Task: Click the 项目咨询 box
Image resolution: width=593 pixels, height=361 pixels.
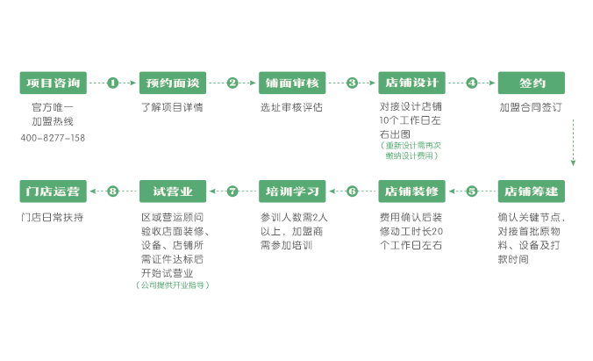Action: [x=54, y=83]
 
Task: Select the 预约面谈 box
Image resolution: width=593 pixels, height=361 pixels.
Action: [x=173, y=83]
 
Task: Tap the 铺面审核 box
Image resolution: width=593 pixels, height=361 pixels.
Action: [x=292, y=83]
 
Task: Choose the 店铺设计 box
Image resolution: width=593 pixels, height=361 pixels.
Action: [x=411, y=83]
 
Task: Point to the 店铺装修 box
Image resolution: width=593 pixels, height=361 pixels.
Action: [x=411, y=191]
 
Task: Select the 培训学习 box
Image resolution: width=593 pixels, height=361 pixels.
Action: [x=292, y=191]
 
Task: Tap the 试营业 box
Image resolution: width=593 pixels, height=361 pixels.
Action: [x=173, y=191]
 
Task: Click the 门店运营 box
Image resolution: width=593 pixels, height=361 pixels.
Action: [x=54, y=191]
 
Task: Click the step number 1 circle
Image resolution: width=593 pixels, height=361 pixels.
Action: [x=113, y=83]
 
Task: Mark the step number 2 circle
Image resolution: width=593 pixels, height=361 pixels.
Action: [x=232, y=83]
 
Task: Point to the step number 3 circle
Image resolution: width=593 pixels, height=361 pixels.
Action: [x=352, y=83]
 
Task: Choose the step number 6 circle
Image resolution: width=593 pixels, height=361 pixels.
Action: [x=352, y=191]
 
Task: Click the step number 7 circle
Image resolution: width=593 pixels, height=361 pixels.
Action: [x=232, y=191]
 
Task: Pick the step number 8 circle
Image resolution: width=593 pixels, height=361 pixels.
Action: [x=113, y=191]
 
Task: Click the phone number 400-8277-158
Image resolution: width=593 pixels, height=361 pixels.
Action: [x=53, y=139]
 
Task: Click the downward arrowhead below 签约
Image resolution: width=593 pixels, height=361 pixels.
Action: [x=573, y=162]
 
